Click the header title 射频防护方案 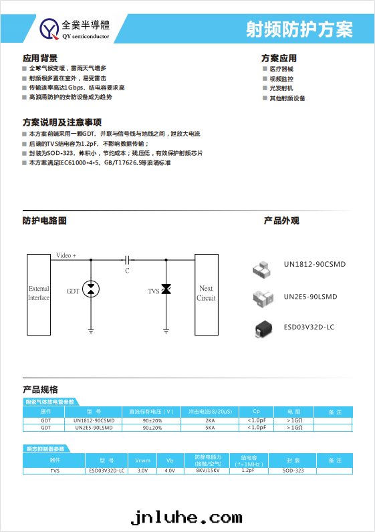299,29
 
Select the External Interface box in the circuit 39,293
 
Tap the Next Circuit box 206,293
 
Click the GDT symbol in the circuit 92,289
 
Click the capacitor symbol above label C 126,258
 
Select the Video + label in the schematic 66,256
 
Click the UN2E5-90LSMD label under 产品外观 310,297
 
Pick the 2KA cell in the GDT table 211,420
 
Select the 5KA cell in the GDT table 211,428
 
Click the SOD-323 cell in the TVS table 293,471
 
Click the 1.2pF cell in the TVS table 249,471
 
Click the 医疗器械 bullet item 281,70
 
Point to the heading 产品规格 40,390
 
